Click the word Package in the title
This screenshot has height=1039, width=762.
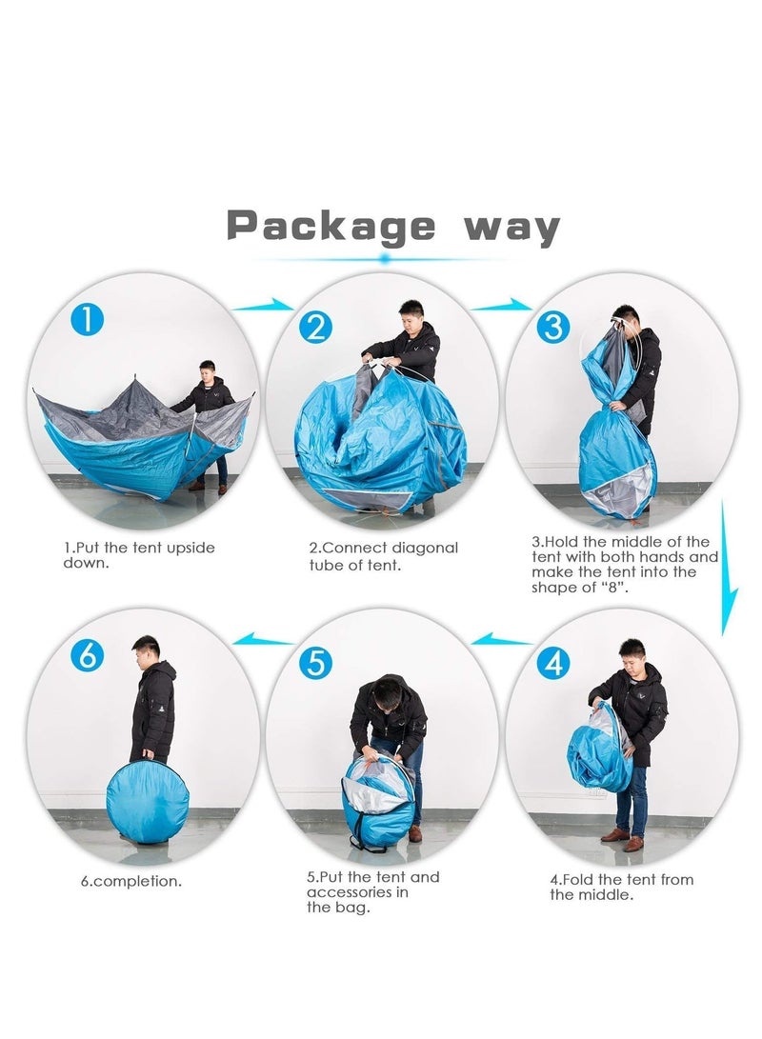point(330,227)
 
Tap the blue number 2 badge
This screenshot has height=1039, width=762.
point(315,328)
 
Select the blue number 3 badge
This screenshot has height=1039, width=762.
point(552,327)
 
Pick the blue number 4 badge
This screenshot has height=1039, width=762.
point(552,663)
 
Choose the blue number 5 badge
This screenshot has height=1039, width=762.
point(315,663)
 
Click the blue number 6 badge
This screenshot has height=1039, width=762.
point(87,655)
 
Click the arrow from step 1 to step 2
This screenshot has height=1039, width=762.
point(264,306)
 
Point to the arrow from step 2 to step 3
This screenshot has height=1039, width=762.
point(501,306)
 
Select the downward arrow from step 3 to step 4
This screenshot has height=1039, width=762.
point(728,571)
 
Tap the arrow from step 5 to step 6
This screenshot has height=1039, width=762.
point(264,639)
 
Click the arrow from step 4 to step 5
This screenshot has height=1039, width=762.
point(501,639)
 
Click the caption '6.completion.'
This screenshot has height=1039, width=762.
point(130,881)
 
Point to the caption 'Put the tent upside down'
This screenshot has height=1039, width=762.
point(139,555)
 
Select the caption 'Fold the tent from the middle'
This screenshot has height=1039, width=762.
point(621,887)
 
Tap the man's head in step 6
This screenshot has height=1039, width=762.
point(147,652)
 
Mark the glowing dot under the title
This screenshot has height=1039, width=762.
point(384,258)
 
